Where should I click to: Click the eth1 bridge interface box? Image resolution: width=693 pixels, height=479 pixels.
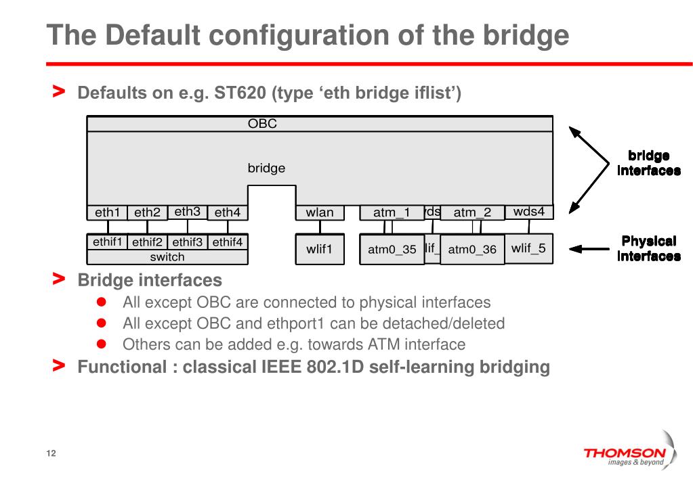[x=107, y=212]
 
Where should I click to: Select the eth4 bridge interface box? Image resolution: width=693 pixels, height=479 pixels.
[x=228, y=212]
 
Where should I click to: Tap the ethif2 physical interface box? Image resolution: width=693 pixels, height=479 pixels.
[x=148, y=242]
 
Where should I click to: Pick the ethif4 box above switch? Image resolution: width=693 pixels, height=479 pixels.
[x=228, y=242]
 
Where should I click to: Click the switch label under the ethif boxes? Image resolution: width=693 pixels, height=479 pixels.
[x=167, y=257]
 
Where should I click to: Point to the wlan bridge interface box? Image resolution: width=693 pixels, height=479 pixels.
[x=320, y=212]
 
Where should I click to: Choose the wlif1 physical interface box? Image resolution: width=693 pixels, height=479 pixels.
[x=320, y=249]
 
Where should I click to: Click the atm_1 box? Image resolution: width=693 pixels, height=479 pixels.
[x=392, y=212]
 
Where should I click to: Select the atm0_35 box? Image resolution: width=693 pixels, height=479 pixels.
[x=392, y=249]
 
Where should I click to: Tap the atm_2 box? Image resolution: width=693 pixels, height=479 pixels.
[x=472, y=212]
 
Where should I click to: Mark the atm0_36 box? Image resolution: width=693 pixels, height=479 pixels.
[x=472, y=250]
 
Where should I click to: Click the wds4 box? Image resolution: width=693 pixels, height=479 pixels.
[x=529, y=211]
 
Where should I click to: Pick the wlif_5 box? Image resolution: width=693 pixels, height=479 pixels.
[x=528, y=248]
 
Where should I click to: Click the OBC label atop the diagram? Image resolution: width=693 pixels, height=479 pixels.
[x=262, y=124]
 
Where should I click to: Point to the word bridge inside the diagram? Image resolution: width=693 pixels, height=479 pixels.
[x=266, y=168]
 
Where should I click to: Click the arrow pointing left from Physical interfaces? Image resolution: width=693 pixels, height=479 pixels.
[x=588, y=249]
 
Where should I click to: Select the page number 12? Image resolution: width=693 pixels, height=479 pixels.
[x=51, y=453]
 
